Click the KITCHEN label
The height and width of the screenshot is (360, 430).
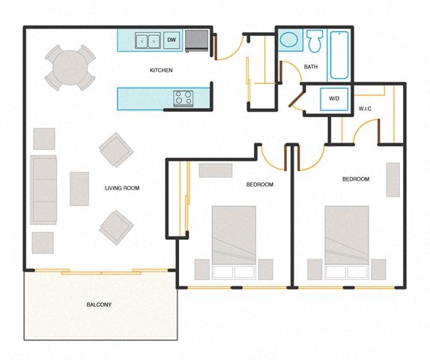coord(161,70)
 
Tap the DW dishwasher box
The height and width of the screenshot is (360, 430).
coord(172,40)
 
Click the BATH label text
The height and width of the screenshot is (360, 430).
coord(311,67)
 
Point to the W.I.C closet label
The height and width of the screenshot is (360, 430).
coord(365,109)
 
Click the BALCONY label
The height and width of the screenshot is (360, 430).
coord(98,304)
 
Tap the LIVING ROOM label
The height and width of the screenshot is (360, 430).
coord(122,187)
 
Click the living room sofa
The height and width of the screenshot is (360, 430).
coord(44,190)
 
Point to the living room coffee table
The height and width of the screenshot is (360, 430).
coord(79,188)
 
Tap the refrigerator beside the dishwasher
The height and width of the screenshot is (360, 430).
coord(197,40)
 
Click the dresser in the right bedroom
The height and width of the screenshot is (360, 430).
coord(393,179)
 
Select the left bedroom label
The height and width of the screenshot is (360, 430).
coord(259,184)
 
